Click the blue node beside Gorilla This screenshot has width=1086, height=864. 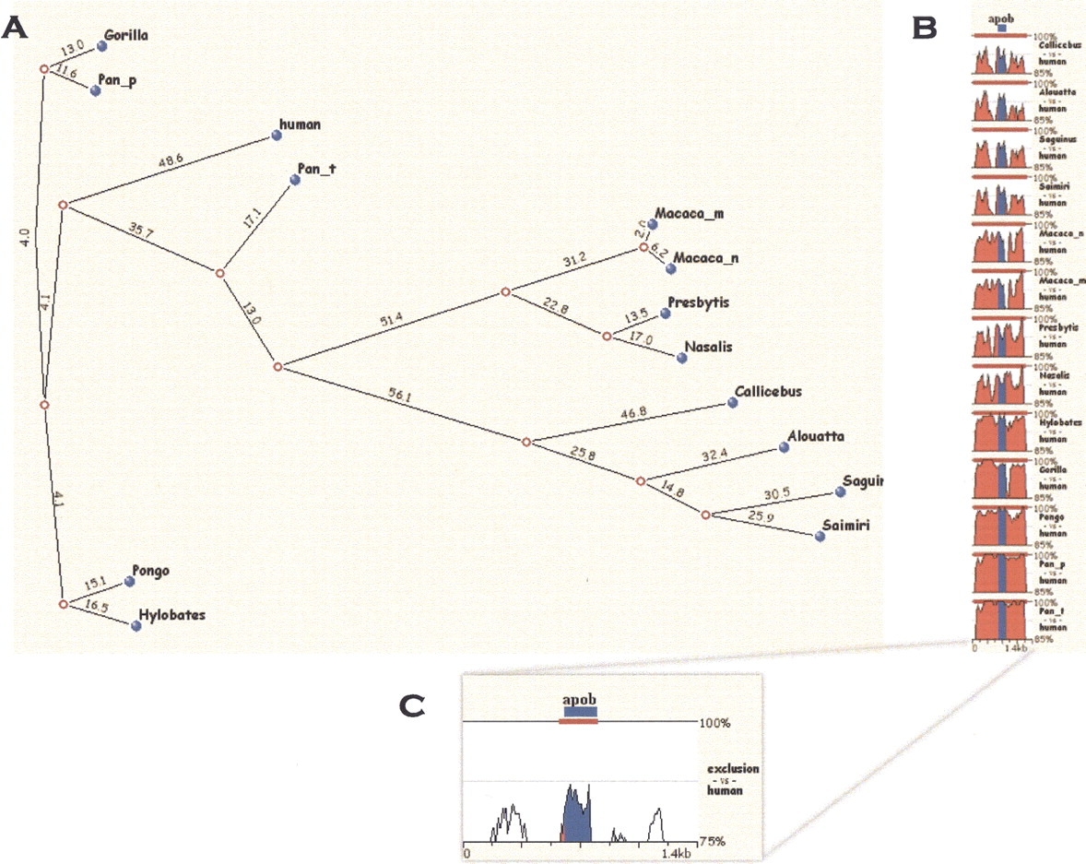pos(102,45)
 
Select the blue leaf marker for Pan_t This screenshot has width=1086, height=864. pos(296,181)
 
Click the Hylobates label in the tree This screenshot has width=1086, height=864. pos(172,613)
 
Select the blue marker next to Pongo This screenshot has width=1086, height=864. pos(129,583)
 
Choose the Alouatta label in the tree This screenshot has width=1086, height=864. pos(817,437)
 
